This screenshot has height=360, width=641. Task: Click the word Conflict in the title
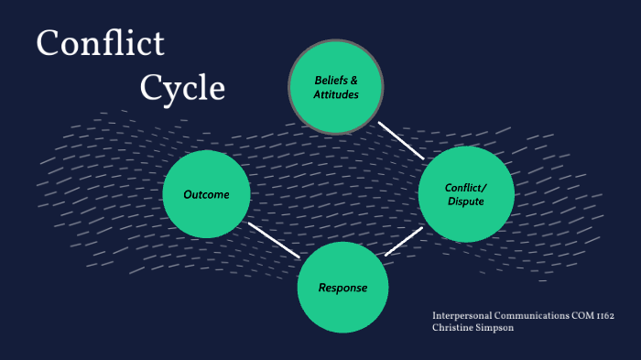pos(101,44)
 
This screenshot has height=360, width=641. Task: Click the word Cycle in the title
pos(182,87)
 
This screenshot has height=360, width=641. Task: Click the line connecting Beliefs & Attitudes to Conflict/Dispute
pos(401,139)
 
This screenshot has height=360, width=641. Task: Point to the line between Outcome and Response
pos(274,240)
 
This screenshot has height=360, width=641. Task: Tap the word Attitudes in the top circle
pos(336,94)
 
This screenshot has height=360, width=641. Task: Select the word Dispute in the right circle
pos(465,202)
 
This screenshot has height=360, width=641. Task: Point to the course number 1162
pos(603,316)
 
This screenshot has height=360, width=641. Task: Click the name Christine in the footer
pos(457,328)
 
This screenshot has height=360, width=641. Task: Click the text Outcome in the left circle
pos(206,194)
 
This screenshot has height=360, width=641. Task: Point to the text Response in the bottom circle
pos(342,288)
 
